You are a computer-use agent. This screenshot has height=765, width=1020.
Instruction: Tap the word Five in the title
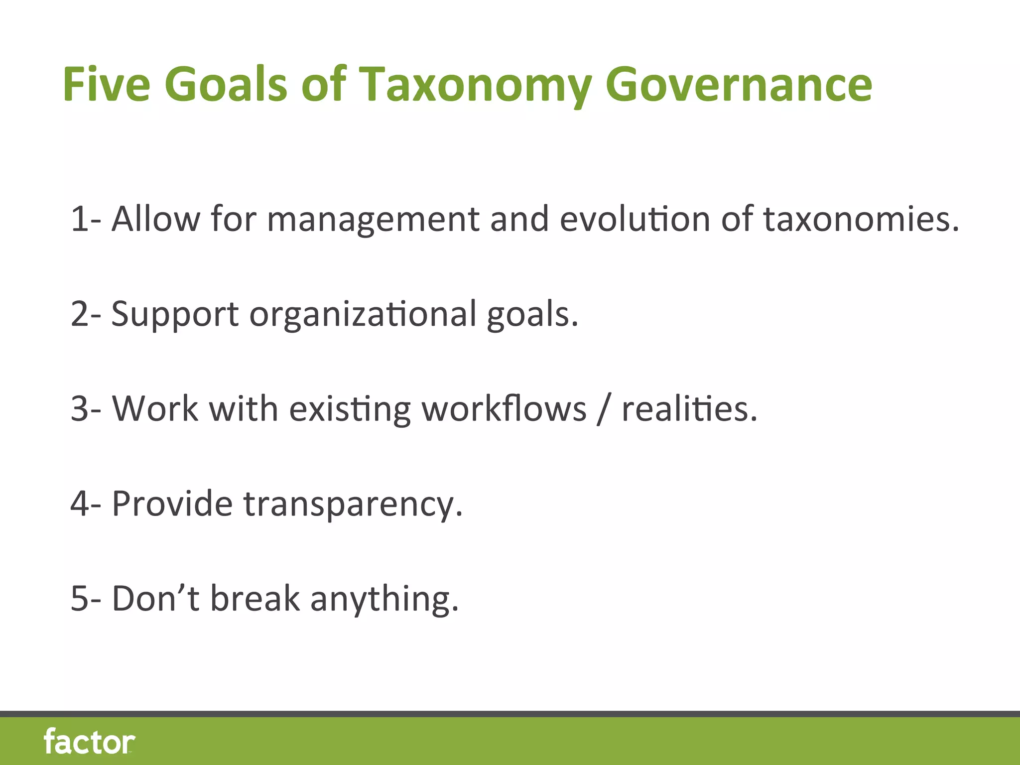[106, 85]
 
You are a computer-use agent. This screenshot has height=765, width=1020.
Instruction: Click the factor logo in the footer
[89, 742]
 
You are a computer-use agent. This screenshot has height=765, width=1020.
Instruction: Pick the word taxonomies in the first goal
[861, 219]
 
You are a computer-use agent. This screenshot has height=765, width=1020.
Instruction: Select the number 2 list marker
[80, 314]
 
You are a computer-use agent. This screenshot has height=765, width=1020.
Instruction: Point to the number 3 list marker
[80, 409]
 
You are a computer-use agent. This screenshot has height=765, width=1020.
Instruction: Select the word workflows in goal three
[504, 409]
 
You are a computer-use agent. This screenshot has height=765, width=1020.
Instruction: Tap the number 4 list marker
[80, 504]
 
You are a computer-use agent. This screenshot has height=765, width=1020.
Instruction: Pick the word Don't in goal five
[155, 598]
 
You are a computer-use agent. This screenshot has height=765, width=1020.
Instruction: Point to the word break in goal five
[255, 598]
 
